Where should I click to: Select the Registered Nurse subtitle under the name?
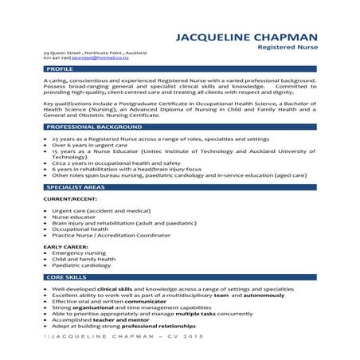click(x=291, y=48)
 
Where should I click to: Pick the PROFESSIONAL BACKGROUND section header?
click(x=87, y=127)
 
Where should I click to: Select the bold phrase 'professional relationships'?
click(x=141, y=327)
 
